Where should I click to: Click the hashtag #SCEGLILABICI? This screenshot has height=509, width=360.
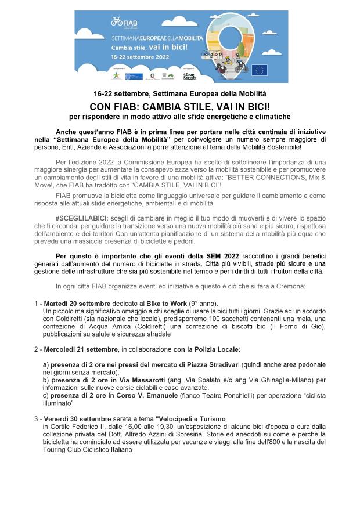coord(82,216)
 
